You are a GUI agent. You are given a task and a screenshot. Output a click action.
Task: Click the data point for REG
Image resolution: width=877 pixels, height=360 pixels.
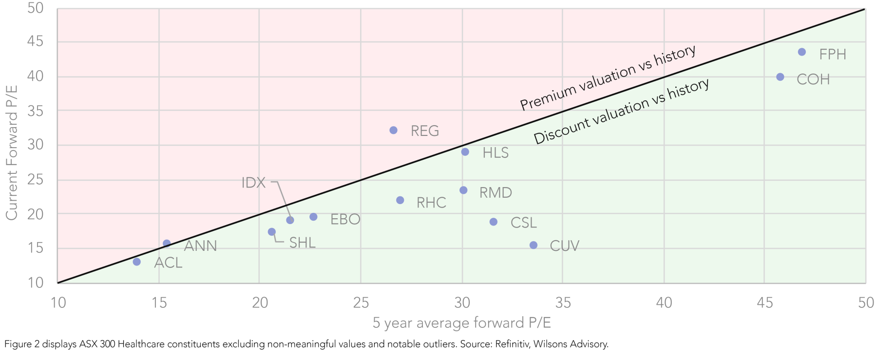point(393,130)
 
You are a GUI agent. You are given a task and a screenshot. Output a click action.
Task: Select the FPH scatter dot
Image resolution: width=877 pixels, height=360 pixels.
point(801,52)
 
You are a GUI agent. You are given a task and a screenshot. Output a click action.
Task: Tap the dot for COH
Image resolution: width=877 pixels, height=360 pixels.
point(780,77)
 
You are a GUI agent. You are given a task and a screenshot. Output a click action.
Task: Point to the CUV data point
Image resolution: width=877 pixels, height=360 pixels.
point(533,245)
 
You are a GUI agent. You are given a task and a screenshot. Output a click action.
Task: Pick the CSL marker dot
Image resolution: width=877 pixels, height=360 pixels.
point(493,222)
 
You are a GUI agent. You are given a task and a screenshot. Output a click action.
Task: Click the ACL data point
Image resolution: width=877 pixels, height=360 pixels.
point(136,262)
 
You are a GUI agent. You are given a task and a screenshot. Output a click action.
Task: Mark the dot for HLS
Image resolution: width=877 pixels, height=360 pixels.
point(465,152)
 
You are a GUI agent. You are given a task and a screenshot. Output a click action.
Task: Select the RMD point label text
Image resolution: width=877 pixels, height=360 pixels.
point(496,192)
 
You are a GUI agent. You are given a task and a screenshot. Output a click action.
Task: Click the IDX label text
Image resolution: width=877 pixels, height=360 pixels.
point(253,183)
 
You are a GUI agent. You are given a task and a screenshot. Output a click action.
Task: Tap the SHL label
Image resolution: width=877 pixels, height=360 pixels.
point(302,243)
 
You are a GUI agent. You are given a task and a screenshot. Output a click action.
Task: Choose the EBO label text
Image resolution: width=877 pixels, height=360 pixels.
point(345,219)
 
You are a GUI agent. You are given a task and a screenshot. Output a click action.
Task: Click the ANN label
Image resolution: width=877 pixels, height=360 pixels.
point(200,246)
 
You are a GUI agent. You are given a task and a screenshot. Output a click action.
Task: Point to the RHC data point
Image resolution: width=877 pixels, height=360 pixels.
point(400,200)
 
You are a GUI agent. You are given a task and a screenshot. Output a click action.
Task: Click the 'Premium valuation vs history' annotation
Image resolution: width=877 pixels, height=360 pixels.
point(607,77)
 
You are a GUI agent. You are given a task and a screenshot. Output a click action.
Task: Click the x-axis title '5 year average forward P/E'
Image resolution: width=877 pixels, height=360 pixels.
point(461,323)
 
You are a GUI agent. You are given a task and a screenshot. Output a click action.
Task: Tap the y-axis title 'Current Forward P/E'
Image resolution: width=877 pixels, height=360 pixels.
point(12,152)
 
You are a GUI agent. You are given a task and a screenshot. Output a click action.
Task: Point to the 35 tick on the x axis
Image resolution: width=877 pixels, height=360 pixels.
point(563,303)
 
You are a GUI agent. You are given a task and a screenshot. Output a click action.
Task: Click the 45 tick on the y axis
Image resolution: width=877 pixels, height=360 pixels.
point(35,42)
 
